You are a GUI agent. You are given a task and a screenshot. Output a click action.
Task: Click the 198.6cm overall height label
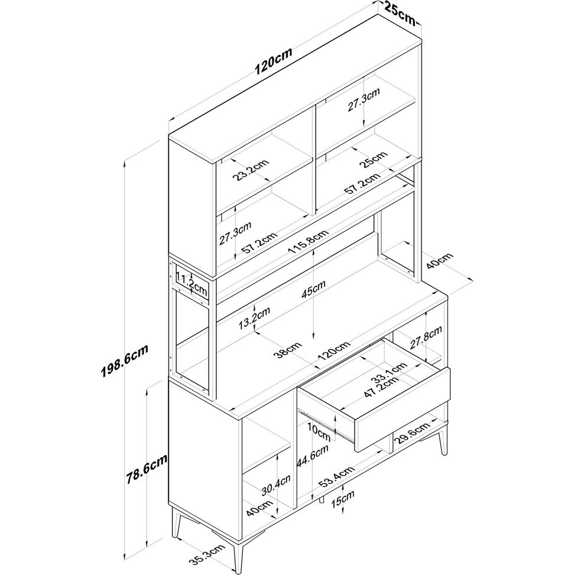pyautogui.click(x=124, y=361)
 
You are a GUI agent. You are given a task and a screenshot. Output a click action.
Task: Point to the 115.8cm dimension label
pyautogui.click(x=308, y=242)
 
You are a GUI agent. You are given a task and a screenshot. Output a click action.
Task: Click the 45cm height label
pyautogui.click(x=313, y=289)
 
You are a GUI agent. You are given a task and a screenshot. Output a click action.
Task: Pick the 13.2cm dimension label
pyautogui.click(x=254, y=318)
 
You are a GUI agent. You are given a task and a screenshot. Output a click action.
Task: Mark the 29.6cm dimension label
pyautogui.click(x=413, y=433)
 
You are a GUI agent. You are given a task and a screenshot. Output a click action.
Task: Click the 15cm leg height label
pyautogui.click(x=343, y=499)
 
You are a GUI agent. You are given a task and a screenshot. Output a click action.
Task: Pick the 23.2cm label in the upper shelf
pyautogui.click(x=251, y=170)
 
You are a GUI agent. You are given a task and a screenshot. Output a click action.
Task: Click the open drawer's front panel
pyautogui.click(x=402, y=410)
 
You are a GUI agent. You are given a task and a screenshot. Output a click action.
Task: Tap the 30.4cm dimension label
pyautogui.click(x=276, y=486)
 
